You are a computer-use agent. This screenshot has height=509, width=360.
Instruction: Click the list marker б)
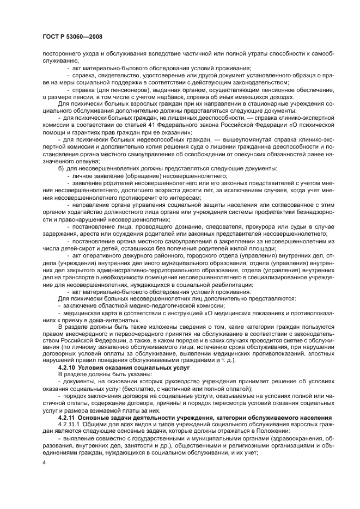[61, 168]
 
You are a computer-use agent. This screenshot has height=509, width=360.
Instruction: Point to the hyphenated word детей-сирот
[82, 248]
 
